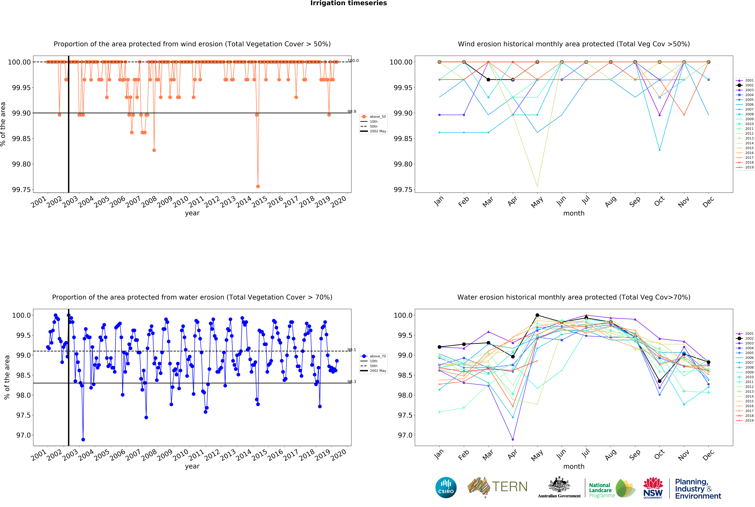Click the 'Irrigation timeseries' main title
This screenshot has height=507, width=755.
click(348, 3)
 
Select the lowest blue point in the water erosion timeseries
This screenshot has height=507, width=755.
click(83, 439)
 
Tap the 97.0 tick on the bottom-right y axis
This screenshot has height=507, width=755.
click(404, 435)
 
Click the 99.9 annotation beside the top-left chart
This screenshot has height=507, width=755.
click(352, 112)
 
